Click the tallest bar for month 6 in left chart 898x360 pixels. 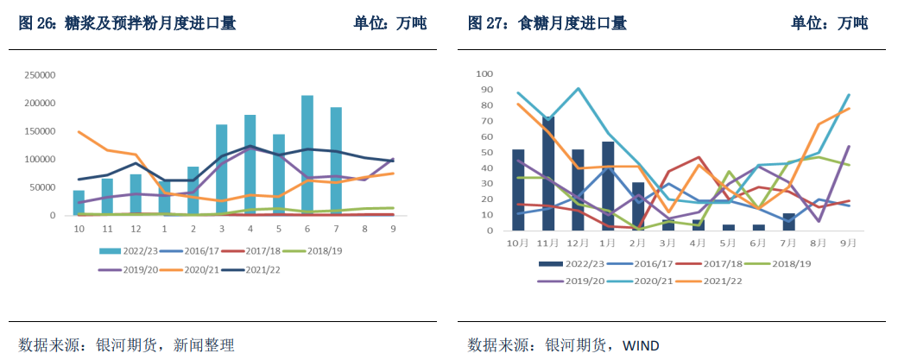[x=307, y=155]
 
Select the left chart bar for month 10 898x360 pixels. [x=79, y=203]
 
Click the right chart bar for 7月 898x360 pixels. [x=788, y=222]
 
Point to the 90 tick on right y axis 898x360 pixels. [x=484, y=90]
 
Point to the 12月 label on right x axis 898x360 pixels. [x=581, y=243]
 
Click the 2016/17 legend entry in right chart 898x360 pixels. [x=648, y=263]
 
